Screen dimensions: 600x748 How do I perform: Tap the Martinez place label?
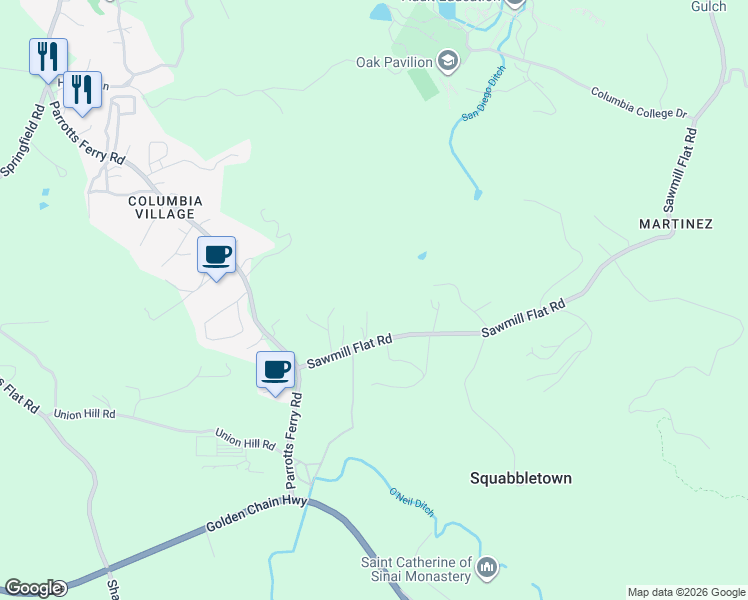pyautogui.click(x=676, y=224)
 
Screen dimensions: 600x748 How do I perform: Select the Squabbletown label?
pyautogui.click(x=521, y=478)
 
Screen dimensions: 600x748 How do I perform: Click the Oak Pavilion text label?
pyautogui.click(x=395, y=62)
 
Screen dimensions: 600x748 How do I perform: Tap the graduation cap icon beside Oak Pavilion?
pyautogui.click(x=448, y=62)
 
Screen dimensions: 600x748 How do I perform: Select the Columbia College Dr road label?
pyautogui.click(x=639, y=103)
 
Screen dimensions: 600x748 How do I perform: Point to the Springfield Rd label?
pyautogui.click(x=22, y=138)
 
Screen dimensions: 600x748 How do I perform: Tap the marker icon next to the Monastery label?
pyautogui.click(x=487, y=568)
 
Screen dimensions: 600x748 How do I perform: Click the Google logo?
pyautogui.click(x=33, y=588)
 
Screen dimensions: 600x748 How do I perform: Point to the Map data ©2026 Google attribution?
pyautogui.click(x=685, y=592)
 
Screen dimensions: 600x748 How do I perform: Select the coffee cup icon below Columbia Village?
pyautogui.click(x=216, y=255)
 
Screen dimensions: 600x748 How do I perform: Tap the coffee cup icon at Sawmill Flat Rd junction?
pyautogui.click(x=275, y=370)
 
